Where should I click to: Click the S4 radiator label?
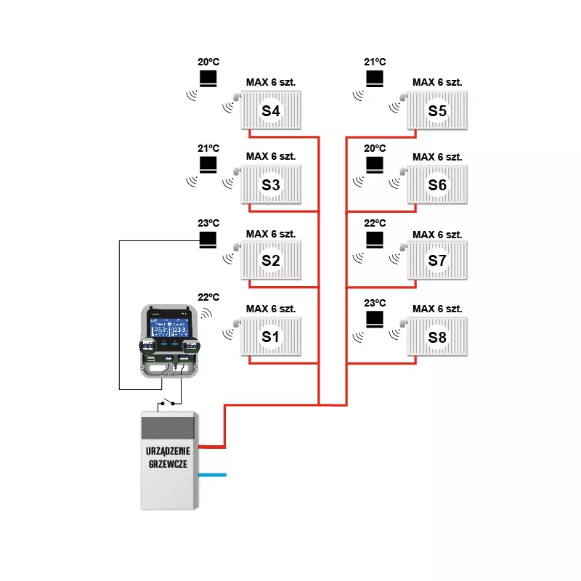271,112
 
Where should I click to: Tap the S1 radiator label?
271,337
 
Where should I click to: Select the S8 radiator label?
438,337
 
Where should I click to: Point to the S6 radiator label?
438,185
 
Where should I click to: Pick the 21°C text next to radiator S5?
375,62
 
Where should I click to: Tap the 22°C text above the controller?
208,297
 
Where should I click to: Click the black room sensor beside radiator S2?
208,239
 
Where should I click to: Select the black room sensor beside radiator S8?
375,319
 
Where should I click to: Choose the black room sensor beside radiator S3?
208,166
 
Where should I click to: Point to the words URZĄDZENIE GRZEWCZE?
168,459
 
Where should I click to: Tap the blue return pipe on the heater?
213,475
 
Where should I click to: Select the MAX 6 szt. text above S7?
438,235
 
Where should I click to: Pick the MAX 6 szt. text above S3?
271,156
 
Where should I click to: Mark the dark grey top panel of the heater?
168,427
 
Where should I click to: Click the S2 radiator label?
271,260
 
